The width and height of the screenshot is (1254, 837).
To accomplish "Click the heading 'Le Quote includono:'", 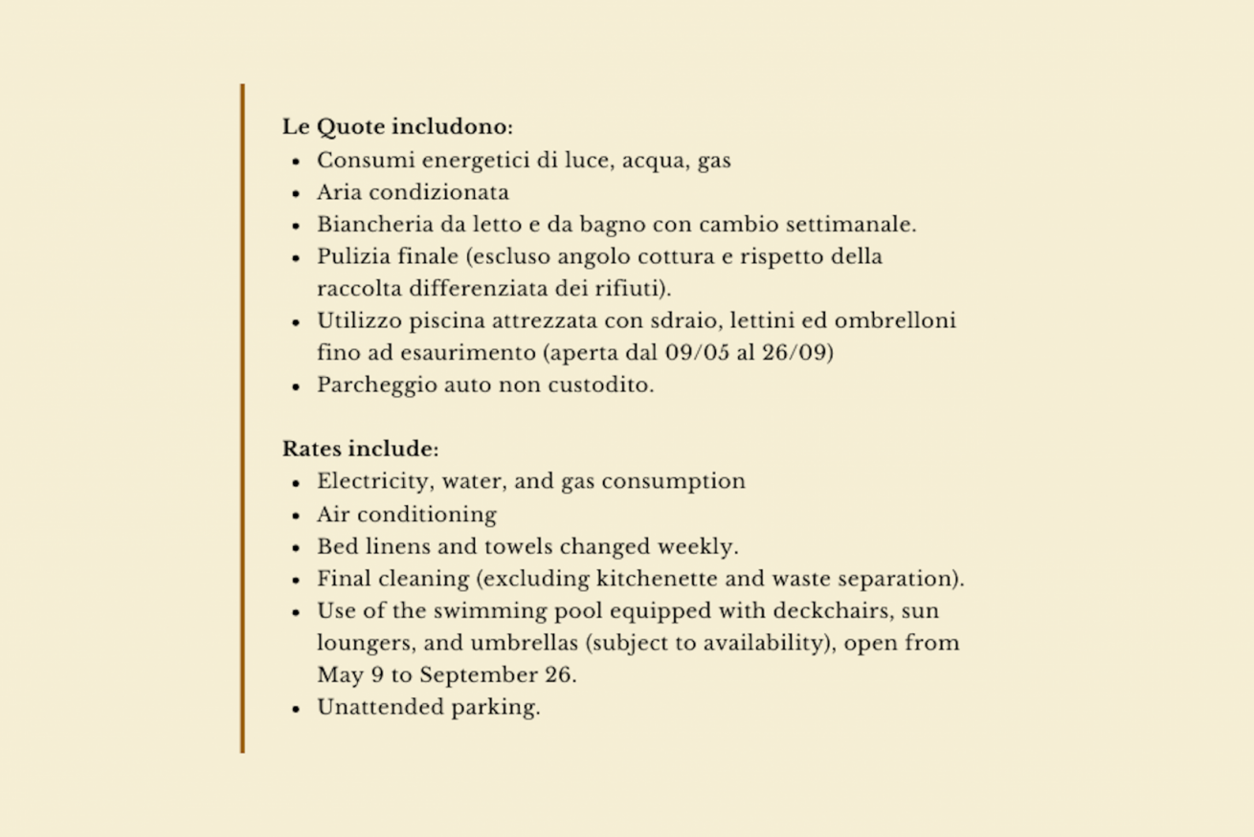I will pos(397,127).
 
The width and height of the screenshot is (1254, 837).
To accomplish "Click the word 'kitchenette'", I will pos(658,579).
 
